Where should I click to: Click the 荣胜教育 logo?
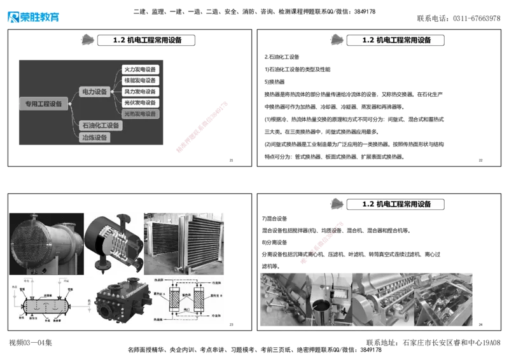33,17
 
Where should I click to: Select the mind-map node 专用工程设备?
43,104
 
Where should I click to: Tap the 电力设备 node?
95,92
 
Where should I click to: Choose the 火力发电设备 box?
140,69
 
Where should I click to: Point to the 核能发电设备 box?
140,81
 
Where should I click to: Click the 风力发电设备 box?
140,92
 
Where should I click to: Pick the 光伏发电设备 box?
140,102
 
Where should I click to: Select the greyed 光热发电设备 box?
140,114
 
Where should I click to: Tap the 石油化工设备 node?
101,125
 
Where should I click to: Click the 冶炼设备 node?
94,137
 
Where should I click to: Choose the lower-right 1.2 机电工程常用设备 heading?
396,204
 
